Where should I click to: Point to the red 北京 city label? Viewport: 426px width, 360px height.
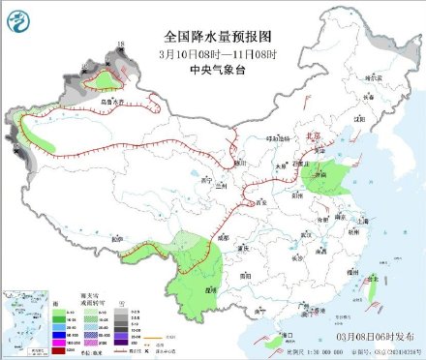313,137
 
